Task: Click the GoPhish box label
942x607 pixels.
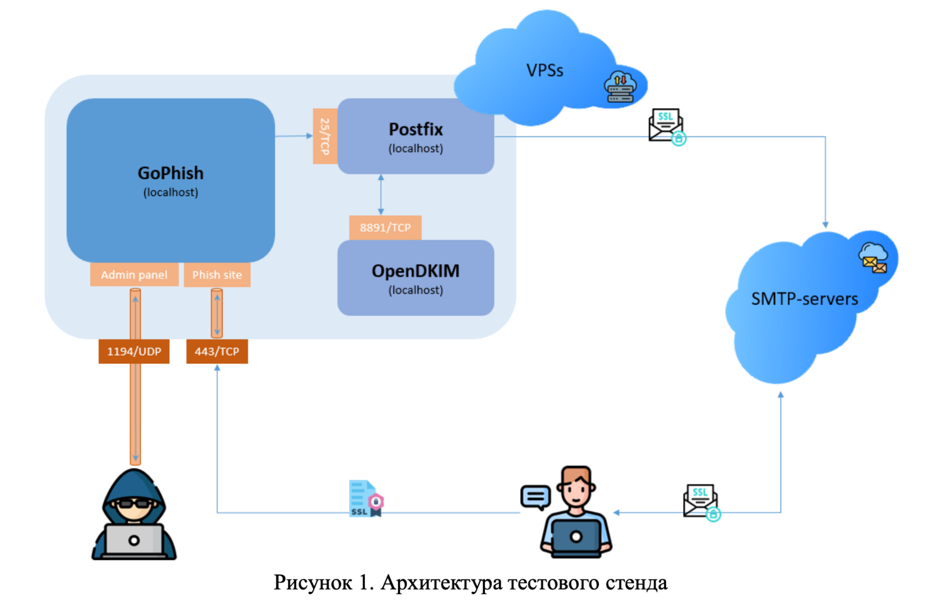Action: pyautogui.click(x=170, y=173)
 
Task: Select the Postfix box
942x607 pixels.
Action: pyautogui.click(x=415, y=136)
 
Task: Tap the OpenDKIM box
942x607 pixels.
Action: pyautogui.click(x=415, y=278)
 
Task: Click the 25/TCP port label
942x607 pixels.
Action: pyautogui.click(x=325, y=136)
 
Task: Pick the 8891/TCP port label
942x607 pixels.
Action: pyautogui.click(x=385, y=228)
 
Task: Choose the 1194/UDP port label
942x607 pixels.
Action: pyautogui.click(x=134, y=351)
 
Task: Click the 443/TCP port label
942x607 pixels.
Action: pyautogui.click(x=217, y=351)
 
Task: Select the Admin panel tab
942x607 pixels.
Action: pyautogui.click(x=134, y=275)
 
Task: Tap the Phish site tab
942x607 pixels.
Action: pyautogui.click(x=217, y=275)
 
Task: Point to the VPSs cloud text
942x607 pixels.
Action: pyautogui.click(x=544, y=71)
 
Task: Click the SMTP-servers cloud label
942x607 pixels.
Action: pyautogui.click(x=804, y=299)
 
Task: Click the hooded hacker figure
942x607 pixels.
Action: pyautogui.click(x=134, y=515)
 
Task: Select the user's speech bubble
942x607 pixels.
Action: pyautogui.click(x=535, y=497)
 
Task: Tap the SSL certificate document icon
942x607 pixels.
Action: pyautogui.click(x=366, y=498)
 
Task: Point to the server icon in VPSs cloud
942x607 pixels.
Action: pyautogui.click(x=620, y=87)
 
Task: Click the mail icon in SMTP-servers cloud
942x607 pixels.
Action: pyautogui.click(x=873, y=258)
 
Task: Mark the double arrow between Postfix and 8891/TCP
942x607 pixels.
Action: pyautogui.click(x=381, y=194)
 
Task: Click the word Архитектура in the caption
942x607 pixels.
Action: pyautogui.click(x=441, y=583)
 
